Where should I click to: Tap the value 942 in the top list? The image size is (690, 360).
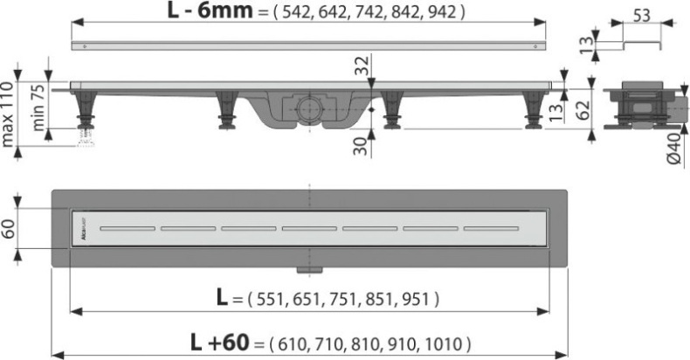tap(440, 13)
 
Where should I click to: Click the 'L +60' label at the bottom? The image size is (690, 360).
tap(228, 342)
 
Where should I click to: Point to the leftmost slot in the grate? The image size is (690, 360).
tap(126, 229)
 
